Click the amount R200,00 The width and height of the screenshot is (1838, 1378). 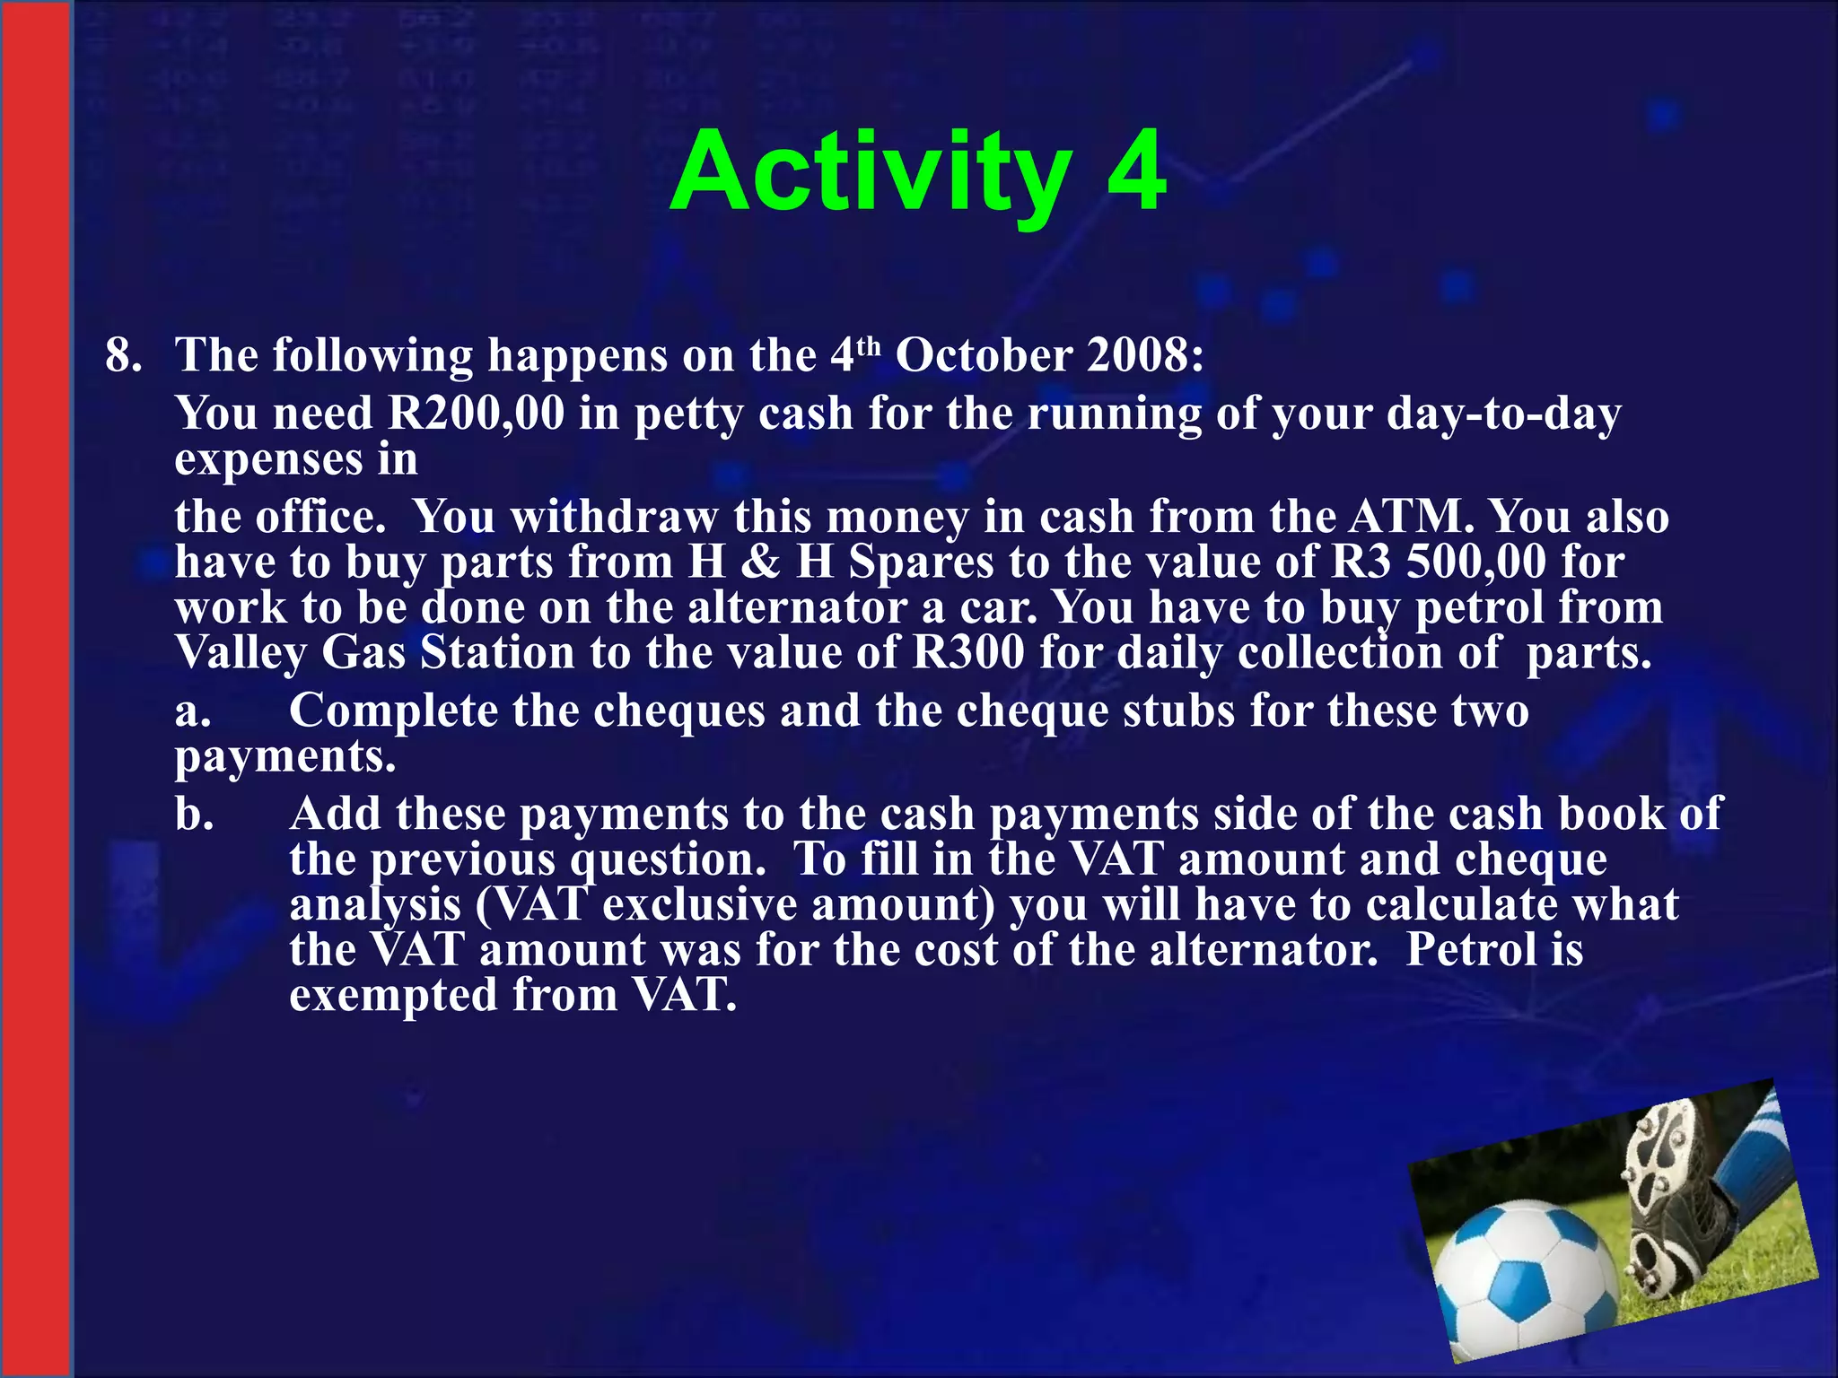pyautogui.click(x=476, y=414)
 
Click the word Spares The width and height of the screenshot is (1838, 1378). pyautogui.click(x=921, y=563)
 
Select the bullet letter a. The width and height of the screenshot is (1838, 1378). pyautogui.click(x=192, y=711)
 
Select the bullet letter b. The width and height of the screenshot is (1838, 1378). pyautogui.click(x=194, y=815)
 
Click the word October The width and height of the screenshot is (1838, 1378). pyautogui.click(x=984, y=355)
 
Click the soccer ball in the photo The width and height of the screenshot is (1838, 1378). pyautogui.click(x=1525, y=1275)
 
